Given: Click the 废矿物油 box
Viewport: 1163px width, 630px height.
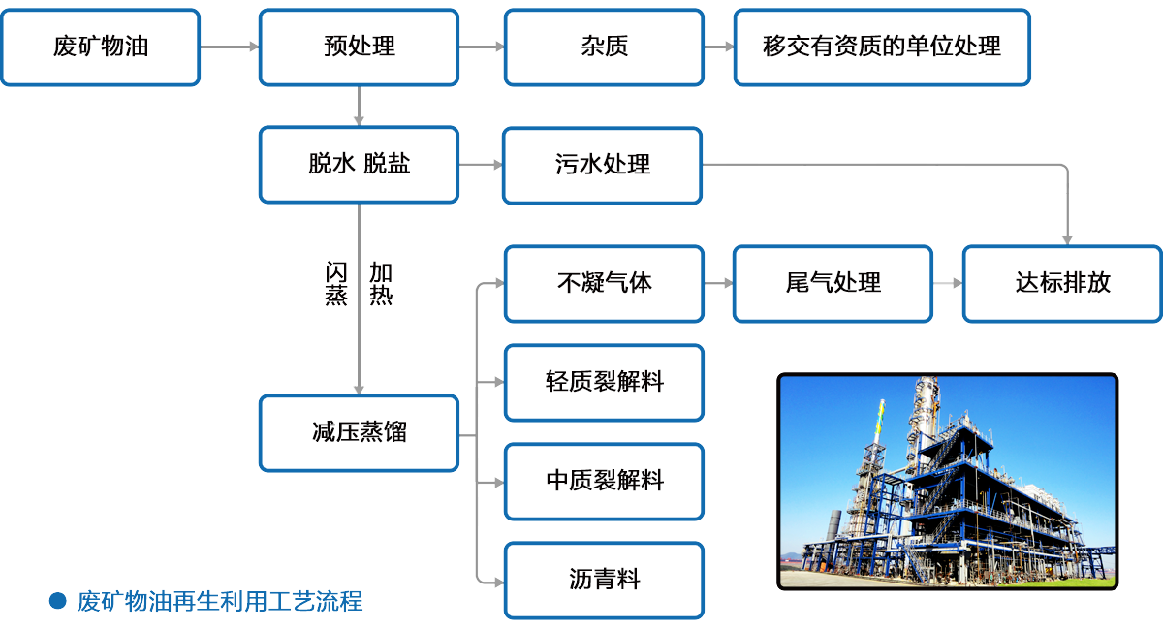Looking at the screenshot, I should click(x=101, y=47).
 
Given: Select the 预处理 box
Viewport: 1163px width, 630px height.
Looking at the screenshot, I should click(x=359, y=47).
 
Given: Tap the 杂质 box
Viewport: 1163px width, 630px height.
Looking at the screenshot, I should click(x=603, y=47).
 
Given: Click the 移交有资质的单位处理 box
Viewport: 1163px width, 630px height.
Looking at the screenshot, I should click(x=881, y=47).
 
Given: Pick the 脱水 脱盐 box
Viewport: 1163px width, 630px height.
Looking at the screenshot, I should click(x=359, y=165).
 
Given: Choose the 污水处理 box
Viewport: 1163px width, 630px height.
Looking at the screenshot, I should click(x=602, y=165).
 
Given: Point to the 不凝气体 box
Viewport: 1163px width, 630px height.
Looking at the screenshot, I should click(x=603, y=283).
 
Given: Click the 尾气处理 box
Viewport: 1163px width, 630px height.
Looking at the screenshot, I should click(x=833, y=283).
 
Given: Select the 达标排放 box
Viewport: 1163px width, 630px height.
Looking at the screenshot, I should click(x=1062, y=283).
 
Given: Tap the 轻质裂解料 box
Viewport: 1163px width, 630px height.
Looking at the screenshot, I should click(x=603, y=382).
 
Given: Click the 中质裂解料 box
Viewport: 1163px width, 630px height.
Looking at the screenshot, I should click(x=603, y=481).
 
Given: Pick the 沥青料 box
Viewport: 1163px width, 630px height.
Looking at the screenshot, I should click(x=603, y=581).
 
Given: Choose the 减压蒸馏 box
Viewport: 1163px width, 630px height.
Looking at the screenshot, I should click(x=359, y=432).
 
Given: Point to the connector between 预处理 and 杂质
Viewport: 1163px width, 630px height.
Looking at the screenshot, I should click(x=482, y=47).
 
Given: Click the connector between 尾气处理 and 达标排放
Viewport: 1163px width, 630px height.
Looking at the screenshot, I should click(x=948, y=283).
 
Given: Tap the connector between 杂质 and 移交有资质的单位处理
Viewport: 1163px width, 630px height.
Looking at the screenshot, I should click(x=718, y=47).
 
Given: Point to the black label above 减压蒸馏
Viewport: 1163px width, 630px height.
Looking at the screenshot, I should click(x=358, y=283).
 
